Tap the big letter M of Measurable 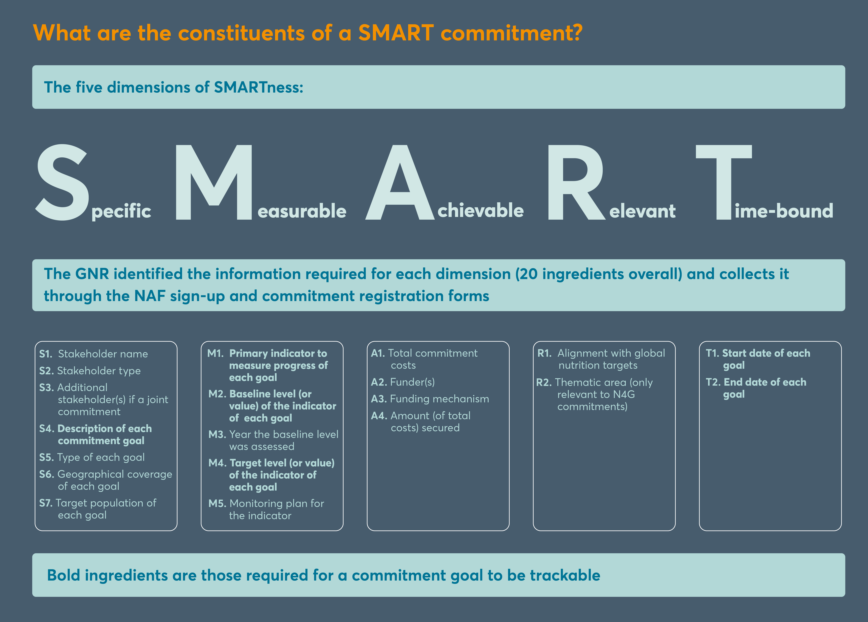(x=214, y=182)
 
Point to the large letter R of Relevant (x=576, y=182)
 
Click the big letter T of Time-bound (x=724, y=182)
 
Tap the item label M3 (x=217, y=434)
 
